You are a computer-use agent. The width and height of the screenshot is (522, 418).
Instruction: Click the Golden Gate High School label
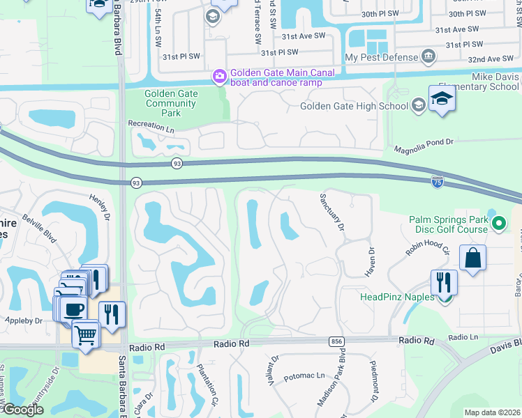[354, 106]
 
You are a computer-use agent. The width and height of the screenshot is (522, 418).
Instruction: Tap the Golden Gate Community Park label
[171, 103]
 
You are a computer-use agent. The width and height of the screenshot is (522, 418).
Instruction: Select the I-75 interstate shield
[437, 180]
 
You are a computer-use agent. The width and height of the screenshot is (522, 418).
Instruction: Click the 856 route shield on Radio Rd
[337, 341]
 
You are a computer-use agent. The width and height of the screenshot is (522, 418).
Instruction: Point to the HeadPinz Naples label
[396, 297]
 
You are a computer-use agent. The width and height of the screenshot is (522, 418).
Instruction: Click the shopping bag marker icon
[472, 258]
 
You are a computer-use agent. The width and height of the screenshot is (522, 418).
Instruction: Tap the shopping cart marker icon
[86, 334]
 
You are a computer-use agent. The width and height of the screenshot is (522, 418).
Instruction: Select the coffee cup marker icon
[73, 309]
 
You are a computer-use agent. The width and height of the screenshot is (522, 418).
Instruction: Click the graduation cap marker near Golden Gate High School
[442, 99]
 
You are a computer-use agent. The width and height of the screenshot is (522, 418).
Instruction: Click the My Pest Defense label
[381, 57]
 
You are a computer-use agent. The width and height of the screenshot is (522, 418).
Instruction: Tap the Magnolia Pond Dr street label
[424, 143]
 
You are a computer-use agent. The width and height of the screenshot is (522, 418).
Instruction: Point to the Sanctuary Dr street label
[332, 212]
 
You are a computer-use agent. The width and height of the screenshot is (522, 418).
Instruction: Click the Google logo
[22, 410]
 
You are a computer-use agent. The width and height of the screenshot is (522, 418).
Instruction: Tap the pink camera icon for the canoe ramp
[219, 75]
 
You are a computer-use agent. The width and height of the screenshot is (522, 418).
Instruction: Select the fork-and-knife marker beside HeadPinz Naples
[443, 282]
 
